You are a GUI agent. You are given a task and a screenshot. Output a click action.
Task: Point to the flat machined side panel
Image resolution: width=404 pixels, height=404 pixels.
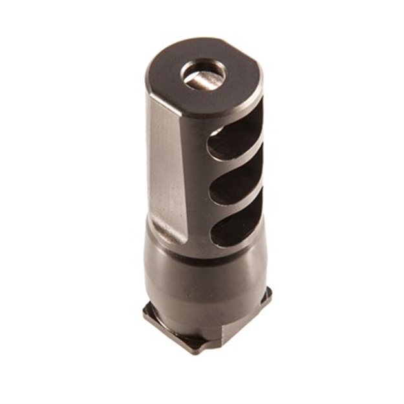169,168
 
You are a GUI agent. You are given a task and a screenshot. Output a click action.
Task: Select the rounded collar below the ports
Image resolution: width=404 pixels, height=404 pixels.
204,275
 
